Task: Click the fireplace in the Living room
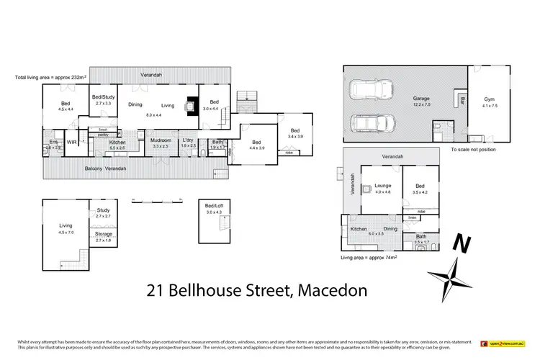click(192, 107)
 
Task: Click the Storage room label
click(103, 233)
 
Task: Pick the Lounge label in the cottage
click(382, 185)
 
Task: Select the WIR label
click(72, 143)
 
